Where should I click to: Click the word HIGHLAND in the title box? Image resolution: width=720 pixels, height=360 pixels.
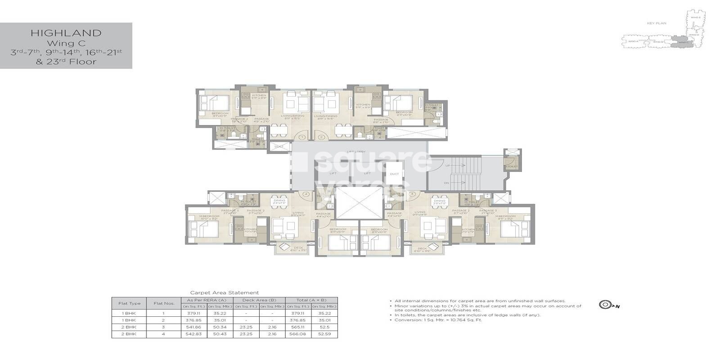(66, 33)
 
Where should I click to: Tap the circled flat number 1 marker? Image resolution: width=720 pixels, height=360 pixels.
(302, 137)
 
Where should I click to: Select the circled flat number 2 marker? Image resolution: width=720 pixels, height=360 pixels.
(321, 137)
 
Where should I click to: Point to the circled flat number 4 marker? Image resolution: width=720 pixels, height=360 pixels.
(306, 194)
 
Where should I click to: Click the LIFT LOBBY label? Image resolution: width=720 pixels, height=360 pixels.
(359, 152)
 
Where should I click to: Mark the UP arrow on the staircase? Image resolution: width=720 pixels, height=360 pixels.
(447, 166)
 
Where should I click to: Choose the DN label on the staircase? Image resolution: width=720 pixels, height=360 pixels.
(446, 183)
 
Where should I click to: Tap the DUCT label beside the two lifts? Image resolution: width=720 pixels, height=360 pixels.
(394, 173)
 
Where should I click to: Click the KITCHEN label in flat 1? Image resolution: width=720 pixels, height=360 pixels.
(259, 95)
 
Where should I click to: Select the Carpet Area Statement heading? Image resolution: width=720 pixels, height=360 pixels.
(225, 292)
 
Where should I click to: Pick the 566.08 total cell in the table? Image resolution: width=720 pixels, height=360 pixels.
(299, 334)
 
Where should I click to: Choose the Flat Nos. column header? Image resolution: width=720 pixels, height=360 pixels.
(161, 303)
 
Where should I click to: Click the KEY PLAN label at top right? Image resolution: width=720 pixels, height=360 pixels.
(660, 23)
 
